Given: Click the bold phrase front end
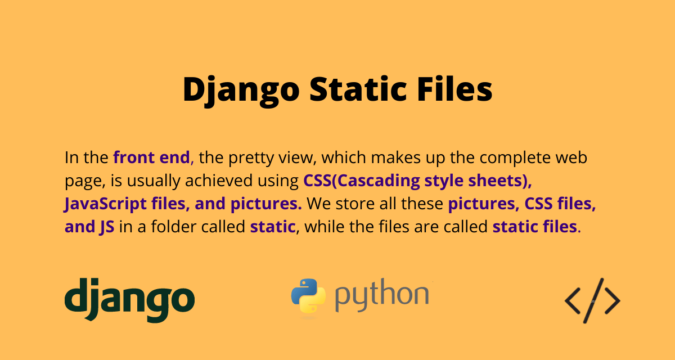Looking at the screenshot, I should pos(151,157).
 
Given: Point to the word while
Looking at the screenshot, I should pos(322,227).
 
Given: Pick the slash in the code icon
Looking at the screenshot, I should pos(592,300).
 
